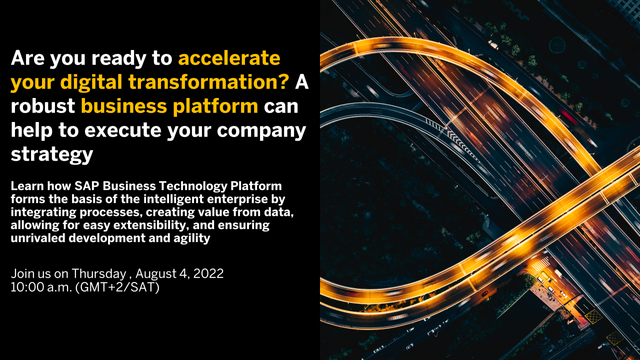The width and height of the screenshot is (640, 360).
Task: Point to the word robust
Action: click(43, 105)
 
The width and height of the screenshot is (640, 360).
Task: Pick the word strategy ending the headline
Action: click(51, 155)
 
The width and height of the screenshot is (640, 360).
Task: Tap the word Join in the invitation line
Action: click(23, 272)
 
